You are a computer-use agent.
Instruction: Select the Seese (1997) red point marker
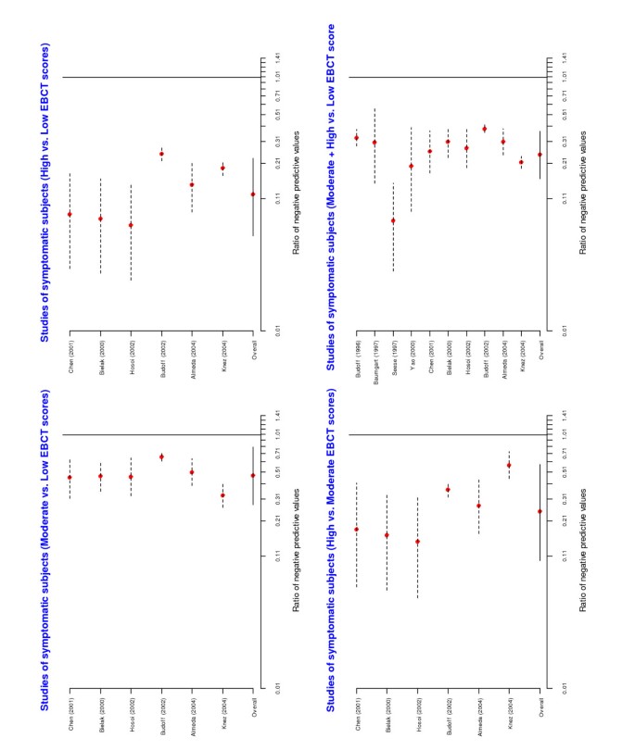coord(393,220)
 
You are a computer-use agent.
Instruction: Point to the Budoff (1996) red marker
coord(356,138)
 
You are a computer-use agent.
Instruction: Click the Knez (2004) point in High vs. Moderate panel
coord(509,465)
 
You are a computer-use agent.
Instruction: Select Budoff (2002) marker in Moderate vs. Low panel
coord(161,457)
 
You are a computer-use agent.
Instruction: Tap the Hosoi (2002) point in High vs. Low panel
coord(131,225)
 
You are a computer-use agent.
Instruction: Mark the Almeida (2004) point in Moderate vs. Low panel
coord(192,472)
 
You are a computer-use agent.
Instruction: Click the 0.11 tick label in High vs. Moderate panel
coord(563,556)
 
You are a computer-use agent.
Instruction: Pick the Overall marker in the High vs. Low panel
coord(253,194)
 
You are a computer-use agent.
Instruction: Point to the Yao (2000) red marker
coord(411,166)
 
